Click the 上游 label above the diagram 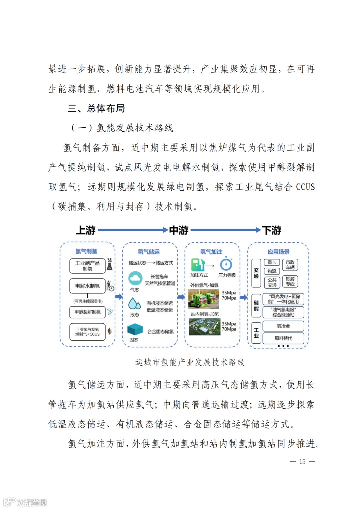[x=86, y=230]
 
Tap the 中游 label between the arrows [x=179, y=230]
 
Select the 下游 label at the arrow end [x=272, y=230]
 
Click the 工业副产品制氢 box [x=87, y=266]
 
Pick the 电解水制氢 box [x=87, y=286]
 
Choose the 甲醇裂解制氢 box [x=87, y=312]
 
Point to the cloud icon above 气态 [x=135, y=278]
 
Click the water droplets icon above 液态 [x=134, y=303]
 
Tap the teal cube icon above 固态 [x=135, y=330]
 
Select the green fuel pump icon [x=197, y=265]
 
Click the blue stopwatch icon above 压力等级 [x=226, y=264]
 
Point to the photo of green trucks [x=204, y=299]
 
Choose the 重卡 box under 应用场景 [x=272, y=263]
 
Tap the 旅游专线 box [x=290, y=281]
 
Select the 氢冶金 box [x=283, y=326]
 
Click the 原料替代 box [x=283, y=338]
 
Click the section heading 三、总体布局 [x=96, y=108]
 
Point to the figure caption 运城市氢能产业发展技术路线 [x=190, y=362]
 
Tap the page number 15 [x=302, y=461]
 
